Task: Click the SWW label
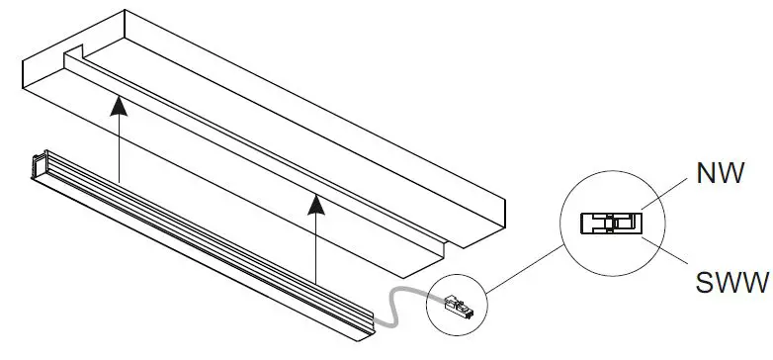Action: [x=730, y=285]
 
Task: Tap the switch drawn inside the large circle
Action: [x=610, y=222]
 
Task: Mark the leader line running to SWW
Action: [x=667, y=255]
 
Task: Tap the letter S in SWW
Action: [x=703, y=285]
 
